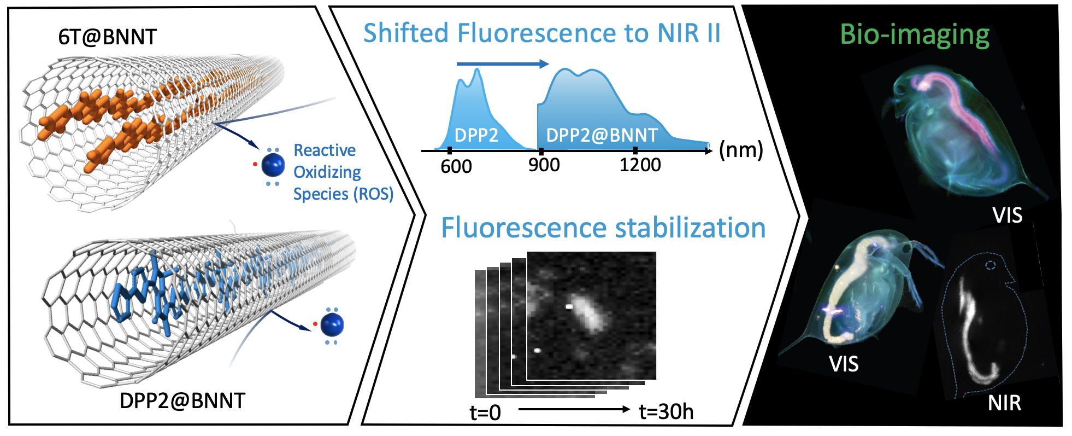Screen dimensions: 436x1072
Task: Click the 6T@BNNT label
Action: tap(108, 37)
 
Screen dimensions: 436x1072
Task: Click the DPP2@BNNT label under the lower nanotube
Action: tap(182, 400)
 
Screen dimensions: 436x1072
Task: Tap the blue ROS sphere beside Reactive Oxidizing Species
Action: tap(273, 165)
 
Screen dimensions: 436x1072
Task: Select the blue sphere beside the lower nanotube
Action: tap(332, 325)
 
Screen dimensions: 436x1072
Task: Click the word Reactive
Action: tap(325, 150)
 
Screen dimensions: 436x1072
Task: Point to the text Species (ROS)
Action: tap(343, 194)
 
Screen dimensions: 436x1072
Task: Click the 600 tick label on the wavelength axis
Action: tap(456, 165)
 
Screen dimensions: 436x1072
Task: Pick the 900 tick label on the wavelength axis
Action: tap(544, 165)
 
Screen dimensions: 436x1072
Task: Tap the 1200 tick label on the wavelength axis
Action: tap(640, 165)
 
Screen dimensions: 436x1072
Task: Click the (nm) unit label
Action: tap(741, 149)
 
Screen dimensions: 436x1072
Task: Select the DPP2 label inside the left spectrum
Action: tap(476, 135)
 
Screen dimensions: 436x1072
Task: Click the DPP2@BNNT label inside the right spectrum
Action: tap(602, 135)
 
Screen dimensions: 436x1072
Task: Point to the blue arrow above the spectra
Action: tap(502, 64)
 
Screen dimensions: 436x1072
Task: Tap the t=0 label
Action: tap(485, 412)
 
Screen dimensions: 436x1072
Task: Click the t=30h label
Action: tap(666, 411)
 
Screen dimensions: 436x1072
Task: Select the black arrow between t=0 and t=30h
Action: tap(574, 409)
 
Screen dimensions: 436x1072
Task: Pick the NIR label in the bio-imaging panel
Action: tap(1004, 403)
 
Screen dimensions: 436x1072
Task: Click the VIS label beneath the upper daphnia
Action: tap(1007, 215)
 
